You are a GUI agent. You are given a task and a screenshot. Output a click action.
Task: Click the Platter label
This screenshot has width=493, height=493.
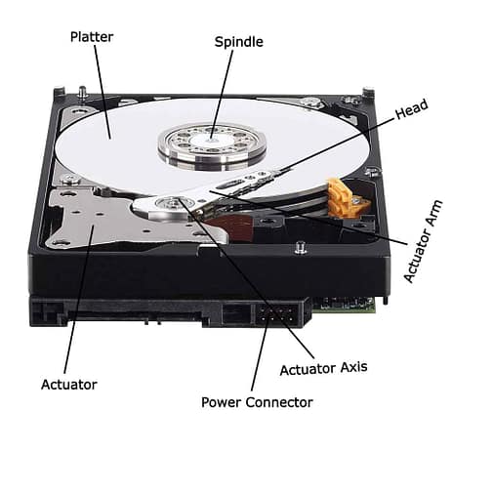click(91, 37)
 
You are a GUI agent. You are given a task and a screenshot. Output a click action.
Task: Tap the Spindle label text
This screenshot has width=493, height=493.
click(238, 42)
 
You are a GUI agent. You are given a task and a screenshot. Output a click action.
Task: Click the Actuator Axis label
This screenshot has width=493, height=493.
click(323, 369)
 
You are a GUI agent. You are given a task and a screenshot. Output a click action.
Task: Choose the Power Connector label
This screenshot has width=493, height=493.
click(257, 402)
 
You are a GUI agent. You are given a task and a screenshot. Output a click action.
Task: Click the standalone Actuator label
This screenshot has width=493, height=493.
click(69, 385)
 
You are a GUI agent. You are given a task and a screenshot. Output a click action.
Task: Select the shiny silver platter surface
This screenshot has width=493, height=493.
click(117, 146)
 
